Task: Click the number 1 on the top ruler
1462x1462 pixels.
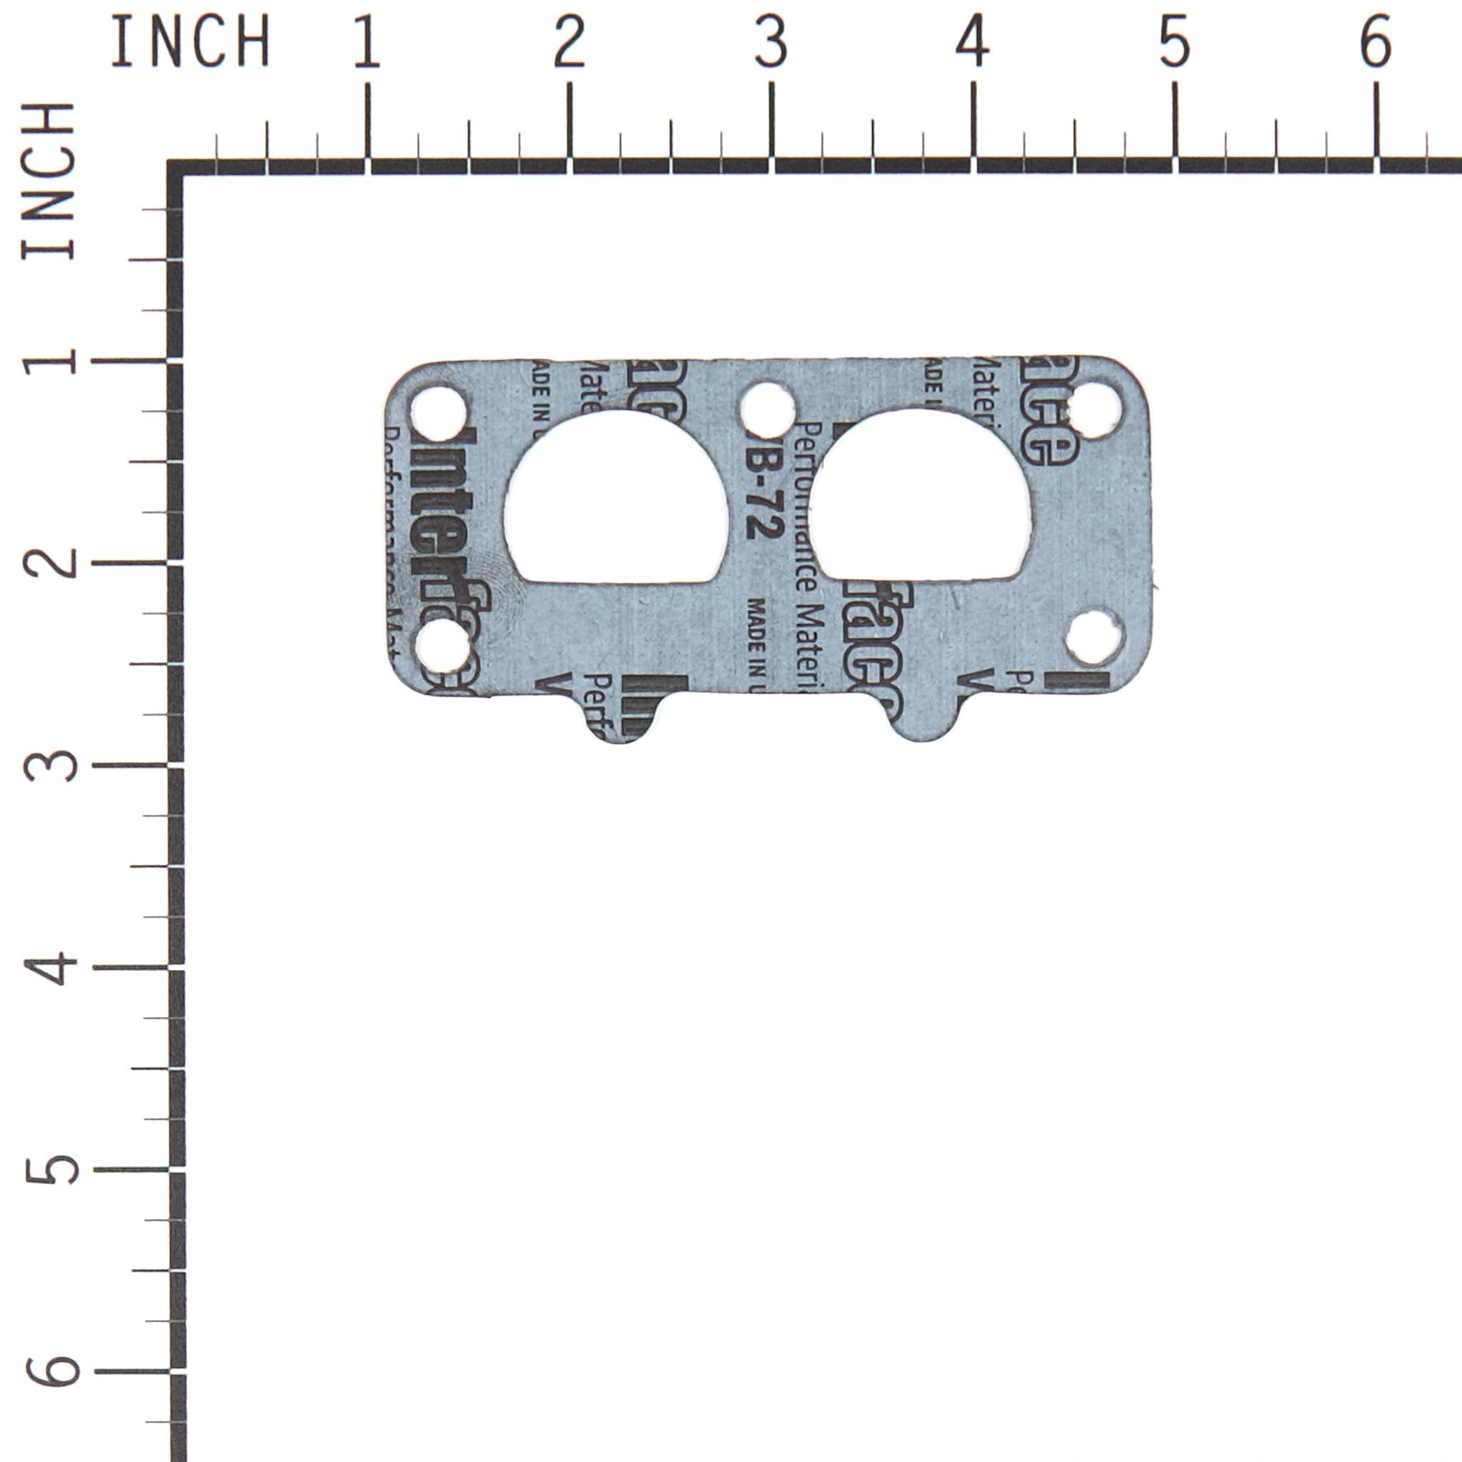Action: pos(367,42)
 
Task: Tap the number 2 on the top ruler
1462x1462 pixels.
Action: pos(569,42)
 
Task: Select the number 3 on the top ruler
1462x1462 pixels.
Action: pos(771,42)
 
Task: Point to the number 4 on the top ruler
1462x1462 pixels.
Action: pos(972,42)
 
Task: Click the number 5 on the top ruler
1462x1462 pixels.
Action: pos(1174,42)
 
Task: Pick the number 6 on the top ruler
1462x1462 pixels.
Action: pos(1376,42)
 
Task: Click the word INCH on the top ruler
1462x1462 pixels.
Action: pos(190,42)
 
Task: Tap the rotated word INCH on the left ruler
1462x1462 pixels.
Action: pos(49,181)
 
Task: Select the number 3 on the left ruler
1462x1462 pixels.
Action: pos(51,765)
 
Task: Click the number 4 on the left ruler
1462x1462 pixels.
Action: pos(51,967)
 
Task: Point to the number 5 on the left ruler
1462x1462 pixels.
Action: pos(51,1169)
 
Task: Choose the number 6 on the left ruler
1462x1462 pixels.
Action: pos(51,1371)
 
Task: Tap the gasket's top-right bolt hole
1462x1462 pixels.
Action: pos(1095,410)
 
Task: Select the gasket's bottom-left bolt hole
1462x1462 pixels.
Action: pos(443,646)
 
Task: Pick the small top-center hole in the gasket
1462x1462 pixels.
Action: pos(766,409)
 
